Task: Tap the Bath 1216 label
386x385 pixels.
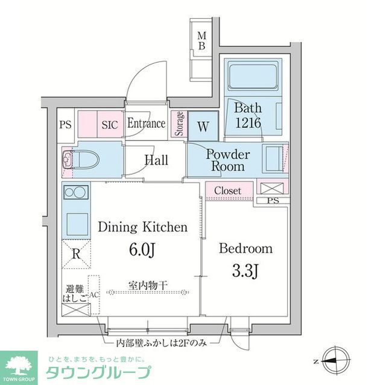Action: [x=248, y=116]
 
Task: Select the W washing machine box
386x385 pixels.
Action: [x=203, y=127]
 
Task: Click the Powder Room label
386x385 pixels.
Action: [x=227, y=160]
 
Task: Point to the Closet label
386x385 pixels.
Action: [x=228, y=190]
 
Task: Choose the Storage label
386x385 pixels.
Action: [x=179, y=124]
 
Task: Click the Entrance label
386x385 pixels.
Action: [x=146, y=124]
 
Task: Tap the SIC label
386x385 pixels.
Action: [x=109, y=125]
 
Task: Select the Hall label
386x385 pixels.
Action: [x=156, y=160]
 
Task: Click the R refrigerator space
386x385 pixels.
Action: [x=75, y=254]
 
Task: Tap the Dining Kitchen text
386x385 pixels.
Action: [x=142, y=227]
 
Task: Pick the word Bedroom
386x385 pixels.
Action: [x=245, y=248]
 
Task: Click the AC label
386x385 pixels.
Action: [x=93, y=295]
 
